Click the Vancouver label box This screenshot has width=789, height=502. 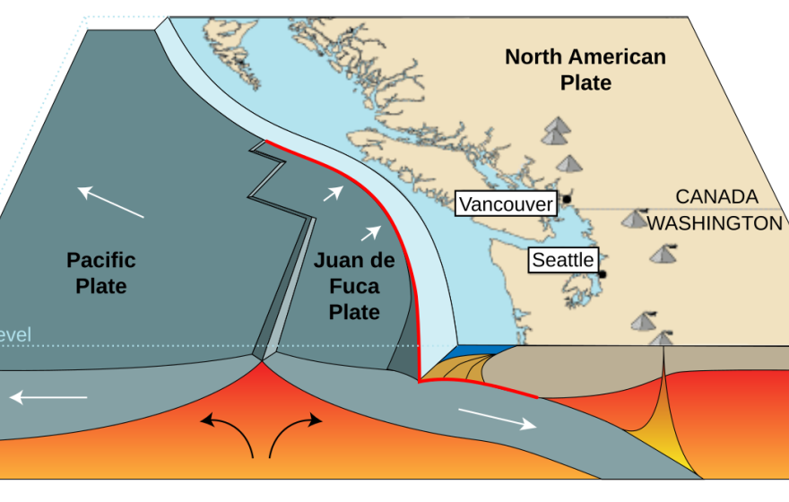click(506, 204)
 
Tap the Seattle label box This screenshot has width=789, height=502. click(563, 260)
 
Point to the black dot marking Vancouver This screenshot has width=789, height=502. click(567, 198)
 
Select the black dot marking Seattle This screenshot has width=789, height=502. click(603, 274)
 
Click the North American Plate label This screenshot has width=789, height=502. click(585, 70)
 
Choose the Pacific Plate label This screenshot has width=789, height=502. click(101, 273)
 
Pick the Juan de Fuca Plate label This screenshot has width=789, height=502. click(354, 286)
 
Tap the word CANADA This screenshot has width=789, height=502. click(716, 196)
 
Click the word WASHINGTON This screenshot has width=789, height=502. click(715, 223)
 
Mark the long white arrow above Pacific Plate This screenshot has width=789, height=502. click(110, 202)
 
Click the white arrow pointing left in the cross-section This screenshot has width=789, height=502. click(49, 396)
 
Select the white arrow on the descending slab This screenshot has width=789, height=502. click(498, 419)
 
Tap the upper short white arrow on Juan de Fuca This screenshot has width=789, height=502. click(333, 192)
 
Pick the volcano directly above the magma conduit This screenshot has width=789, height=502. click(662, 339)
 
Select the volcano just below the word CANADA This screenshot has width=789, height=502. click(635, 219)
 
